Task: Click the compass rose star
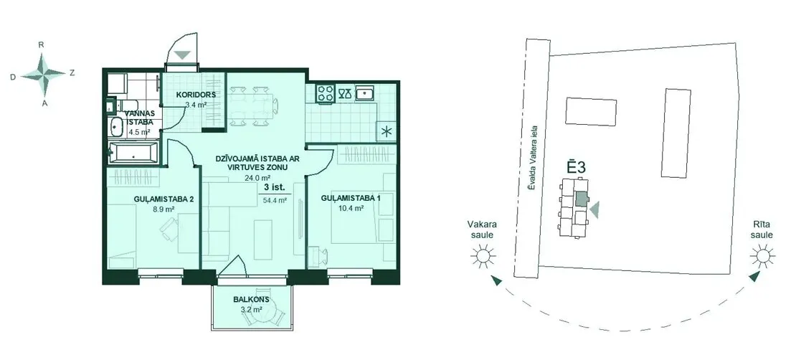(x=44, y=74)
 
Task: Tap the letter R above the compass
(x=42, y=44)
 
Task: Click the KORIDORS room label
(x=196, y=95)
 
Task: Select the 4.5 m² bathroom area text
(x=139, y=132)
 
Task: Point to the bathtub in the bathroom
(x=133, y=152)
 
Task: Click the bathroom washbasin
(x=116, y=128)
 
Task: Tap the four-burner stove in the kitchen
(x=326, y=93)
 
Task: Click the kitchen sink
(x=365, y=93)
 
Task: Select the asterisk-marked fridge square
(x=387, y=132)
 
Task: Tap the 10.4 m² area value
(x=350, y=208)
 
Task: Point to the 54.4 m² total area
(x=275, y=200)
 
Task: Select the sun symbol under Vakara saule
(x=483, y=255)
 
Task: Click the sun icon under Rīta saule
(x=763, y=255)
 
